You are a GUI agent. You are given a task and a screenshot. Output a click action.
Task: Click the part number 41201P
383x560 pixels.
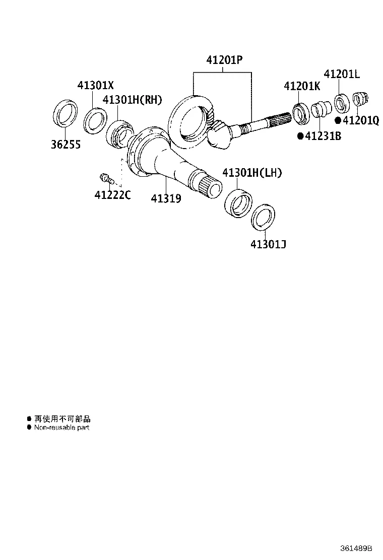224,59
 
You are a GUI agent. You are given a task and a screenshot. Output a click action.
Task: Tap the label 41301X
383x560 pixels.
96,85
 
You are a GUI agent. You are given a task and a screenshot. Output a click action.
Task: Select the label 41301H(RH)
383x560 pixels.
132,99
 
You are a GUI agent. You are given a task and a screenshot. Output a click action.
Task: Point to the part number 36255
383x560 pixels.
66,145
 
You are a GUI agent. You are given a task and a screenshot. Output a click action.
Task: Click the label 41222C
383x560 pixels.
112,195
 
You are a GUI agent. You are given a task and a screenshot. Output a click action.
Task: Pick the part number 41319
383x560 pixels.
166,198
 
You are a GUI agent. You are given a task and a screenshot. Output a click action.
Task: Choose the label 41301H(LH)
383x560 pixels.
252,173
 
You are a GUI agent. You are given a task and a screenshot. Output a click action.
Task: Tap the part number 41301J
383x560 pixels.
268,244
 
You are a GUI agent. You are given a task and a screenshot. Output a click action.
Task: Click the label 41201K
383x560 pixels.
302,86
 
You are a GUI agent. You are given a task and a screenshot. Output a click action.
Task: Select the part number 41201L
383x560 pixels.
342,74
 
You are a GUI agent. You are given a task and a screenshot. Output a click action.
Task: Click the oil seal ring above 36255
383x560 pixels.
66,113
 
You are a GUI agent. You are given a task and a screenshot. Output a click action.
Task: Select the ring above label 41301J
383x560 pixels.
263,218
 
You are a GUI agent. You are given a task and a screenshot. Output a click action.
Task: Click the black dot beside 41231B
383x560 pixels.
300,135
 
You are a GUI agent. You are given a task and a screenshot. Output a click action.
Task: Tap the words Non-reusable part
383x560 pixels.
61,428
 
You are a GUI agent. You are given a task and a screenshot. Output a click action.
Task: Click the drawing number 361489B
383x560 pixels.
356,548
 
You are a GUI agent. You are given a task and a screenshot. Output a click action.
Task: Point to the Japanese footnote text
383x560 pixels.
62,419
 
